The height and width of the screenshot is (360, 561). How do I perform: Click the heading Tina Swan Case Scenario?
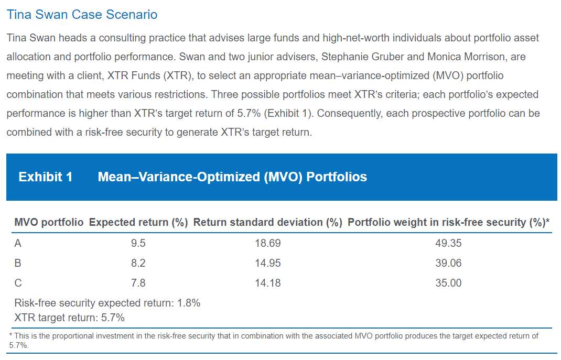(82, 14)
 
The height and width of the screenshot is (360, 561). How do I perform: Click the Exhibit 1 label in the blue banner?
(45, 177)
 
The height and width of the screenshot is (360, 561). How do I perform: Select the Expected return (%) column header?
(138, 222)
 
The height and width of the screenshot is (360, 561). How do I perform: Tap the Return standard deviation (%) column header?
(267, 222)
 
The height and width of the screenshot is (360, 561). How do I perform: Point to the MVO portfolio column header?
(49, 222)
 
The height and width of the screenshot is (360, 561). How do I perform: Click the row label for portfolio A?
(18, 243)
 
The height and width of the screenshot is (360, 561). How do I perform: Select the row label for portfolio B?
(18, 263)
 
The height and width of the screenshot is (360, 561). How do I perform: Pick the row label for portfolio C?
(18, 283)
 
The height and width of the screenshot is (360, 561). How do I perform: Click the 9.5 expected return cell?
(138, 243)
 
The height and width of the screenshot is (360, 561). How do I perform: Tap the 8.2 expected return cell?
(138, 263)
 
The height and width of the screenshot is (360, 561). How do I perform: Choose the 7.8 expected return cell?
(138, 283)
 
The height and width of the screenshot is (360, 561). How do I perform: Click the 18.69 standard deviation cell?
(268, 243)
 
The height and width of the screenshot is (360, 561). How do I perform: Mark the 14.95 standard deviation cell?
(268, 263)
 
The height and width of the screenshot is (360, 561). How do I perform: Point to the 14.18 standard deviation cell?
(268, 283)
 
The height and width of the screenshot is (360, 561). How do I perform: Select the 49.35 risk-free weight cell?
(448, 243)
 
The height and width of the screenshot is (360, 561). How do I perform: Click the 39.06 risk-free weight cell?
(448, 263)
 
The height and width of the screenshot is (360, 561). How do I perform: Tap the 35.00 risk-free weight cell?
(448, 283)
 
